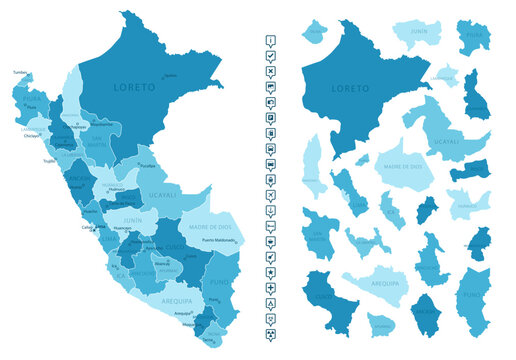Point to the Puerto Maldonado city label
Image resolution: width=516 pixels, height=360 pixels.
(x=220, y=240)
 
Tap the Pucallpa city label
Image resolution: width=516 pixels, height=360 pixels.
(x=147, y=164)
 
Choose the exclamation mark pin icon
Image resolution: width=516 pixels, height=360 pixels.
(x=271, y=40)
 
